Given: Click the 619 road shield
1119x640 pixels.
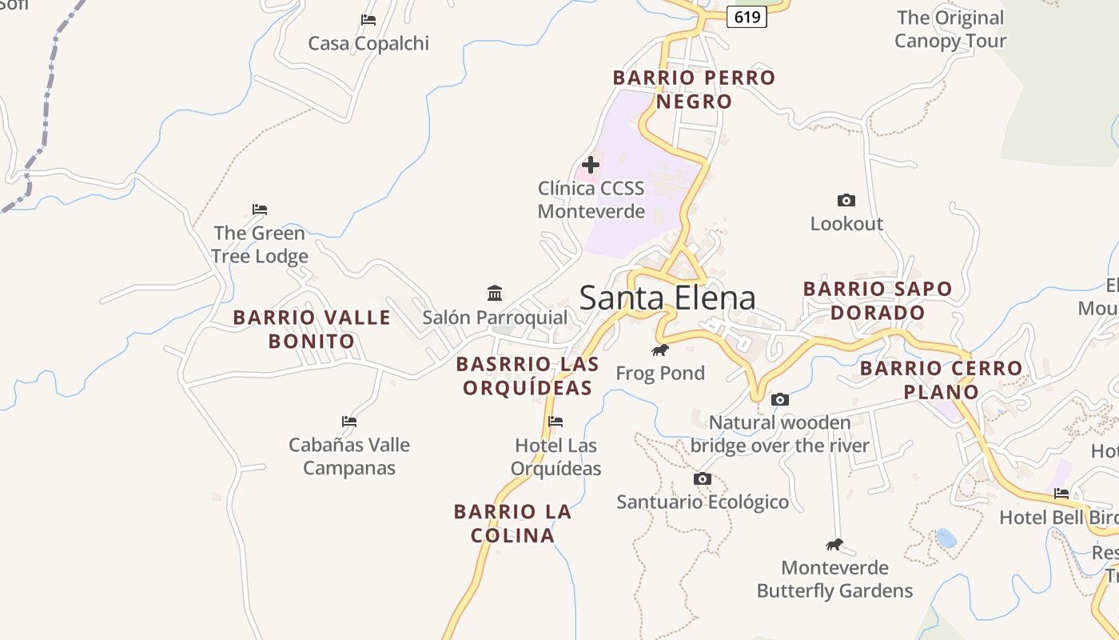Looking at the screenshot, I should (x=747, y=17).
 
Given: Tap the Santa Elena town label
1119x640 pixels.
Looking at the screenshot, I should (x=667, y=298).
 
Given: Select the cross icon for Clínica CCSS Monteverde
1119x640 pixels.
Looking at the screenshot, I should (x=591, y=165).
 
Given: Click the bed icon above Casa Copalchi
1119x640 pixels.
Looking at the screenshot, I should (x=368, y=20).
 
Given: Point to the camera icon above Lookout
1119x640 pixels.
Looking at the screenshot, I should (x=846, y=200).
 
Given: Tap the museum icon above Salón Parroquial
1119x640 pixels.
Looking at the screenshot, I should (x=495, y=294).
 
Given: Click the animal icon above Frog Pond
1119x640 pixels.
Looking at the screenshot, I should (x=659, y=350).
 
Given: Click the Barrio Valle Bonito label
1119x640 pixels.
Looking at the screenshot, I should (x=312, y=329).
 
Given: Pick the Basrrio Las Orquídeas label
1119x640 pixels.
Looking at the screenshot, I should (x=528, y=376).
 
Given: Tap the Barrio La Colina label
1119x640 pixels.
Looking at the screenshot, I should (x=512, y=523).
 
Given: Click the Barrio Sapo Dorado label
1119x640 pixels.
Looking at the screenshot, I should (x=878, y=300).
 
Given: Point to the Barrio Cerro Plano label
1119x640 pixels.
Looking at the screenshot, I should (x=941, y=380).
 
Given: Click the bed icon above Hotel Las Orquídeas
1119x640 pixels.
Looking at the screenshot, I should (x=556, y=422).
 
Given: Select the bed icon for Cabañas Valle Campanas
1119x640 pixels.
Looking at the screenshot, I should (x=349, y=421).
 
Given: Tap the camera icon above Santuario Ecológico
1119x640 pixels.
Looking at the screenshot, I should (x=703, y=478).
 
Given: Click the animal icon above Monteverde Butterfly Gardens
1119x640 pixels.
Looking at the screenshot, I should (x=834, y=545).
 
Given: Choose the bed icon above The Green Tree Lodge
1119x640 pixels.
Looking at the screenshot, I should (x=260, y=210).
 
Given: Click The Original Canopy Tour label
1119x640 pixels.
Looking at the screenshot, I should (x=950, y=29).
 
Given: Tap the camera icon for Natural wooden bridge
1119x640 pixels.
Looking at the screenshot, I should (x=780, y=399).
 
